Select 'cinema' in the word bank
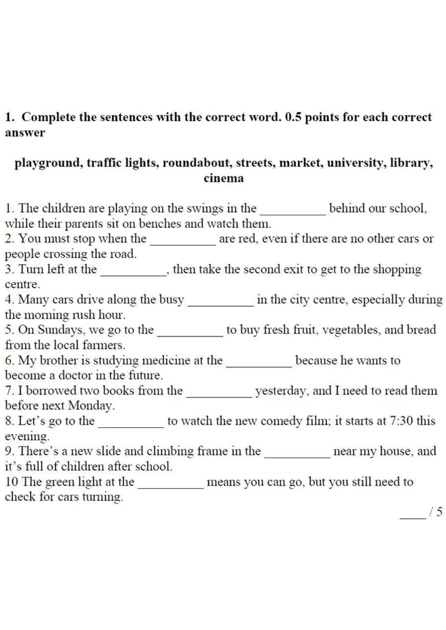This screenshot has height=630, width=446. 223,178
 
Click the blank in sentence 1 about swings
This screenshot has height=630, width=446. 293,211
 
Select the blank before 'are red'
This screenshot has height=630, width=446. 183,241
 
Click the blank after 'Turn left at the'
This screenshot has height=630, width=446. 133,272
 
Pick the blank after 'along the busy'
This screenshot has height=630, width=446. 220,302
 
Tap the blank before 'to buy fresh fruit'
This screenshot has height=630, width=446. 190,333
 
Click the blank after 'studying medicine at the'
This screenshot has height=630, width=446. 259,363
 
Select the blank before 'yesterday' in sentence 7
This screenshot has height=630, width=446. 219,394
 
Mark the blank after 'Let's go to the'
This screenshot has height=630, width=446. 131,424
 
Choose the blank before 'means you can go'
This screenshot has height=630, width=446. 171,485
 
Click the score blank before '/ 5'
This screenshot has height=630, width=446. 413,515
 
